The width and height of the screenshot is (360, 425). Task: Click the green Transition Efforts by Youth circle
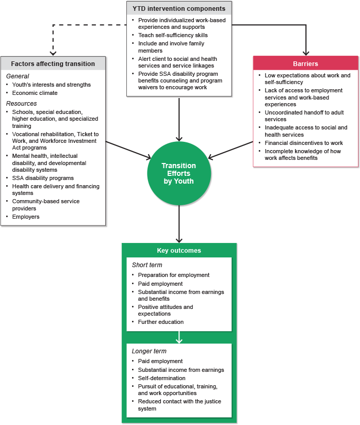178,173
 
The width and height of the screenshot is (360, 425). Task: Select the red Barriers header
305,64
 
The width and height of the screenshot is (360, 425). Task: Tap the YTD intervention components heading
179,9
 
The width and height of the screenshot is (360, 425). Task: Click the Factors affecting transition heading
53,64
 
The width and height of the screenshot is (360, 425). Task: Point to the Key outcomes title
179,251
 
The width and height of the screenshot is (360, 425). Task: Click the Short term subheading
148,265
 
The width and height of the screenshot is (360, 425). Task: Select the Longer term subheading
149,351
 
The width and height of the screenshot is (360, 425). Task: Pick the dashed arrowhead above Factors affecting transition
52,52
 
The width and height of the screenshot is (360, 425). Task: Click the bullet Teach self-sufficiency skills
173,35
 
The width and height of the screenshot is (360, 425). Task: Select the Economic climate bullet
35,93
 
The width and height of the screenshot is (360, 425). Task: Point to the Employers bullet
26,217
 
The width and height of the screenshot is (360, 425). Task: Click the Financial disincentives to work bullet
304,143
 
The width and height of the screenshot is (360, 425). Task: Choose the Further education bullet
160,322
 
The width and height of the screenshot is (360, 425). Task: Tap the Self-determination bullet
161,378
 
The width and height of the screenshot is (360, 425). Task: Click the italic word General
18,76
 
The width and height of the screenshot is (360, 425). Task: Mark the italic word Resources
21,104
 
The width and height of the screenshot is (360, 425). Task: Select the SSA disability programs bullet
43,178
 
